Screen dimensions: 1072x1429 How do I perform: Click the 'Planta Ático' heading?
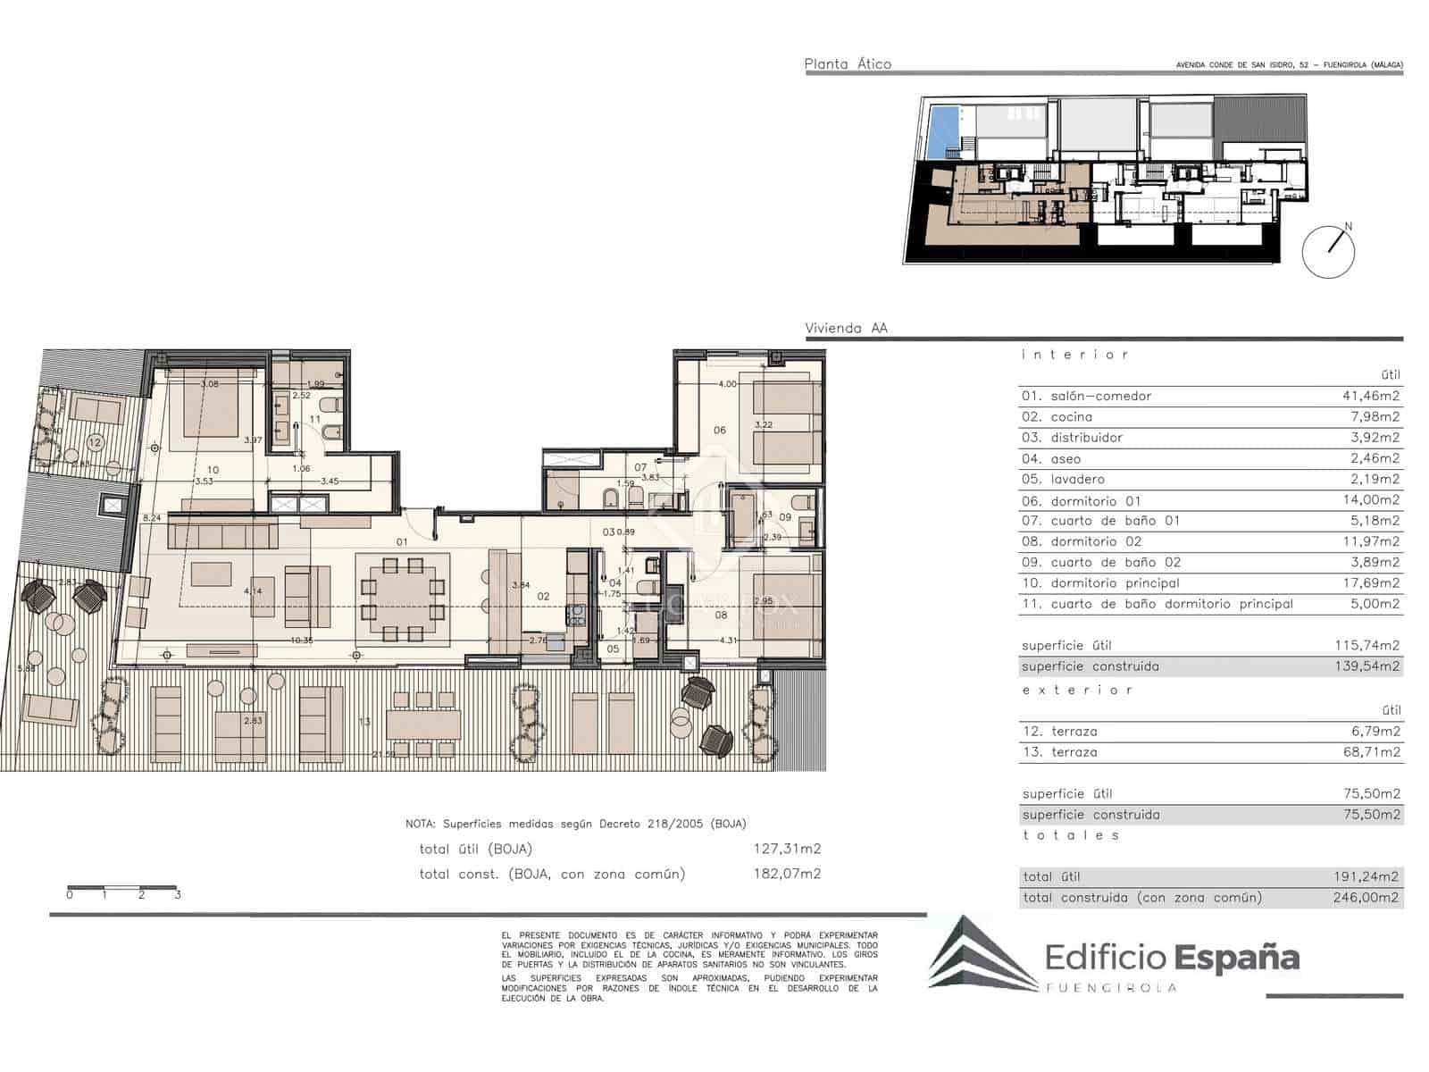point(848,64)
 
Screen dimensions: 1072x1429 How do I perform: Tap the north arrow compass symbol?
point(1329,250)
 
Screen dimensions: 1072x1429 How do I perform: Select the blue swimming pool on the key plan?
point(941,129)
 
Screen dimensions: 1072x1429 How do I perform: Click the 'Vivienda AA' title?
point(846,328)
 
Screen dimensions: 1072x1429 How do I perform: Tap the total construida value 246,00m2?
point(1366,898)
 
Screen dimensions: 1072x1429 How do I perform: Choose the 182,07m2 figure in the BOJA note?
point(787,874)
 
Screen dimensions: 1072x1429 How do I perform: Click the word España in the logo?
point(1237,958)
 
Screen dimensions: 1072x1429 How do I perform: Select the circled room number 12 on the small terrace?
point(95,441)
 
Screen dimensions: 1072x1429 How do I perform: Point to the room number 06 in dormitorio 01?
point(720,430)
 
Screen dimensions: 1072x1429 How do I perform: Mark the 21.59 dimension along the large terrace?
point(383,755)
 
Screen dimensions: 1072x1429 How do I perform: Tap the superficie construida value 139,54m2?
point(1366,666)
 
